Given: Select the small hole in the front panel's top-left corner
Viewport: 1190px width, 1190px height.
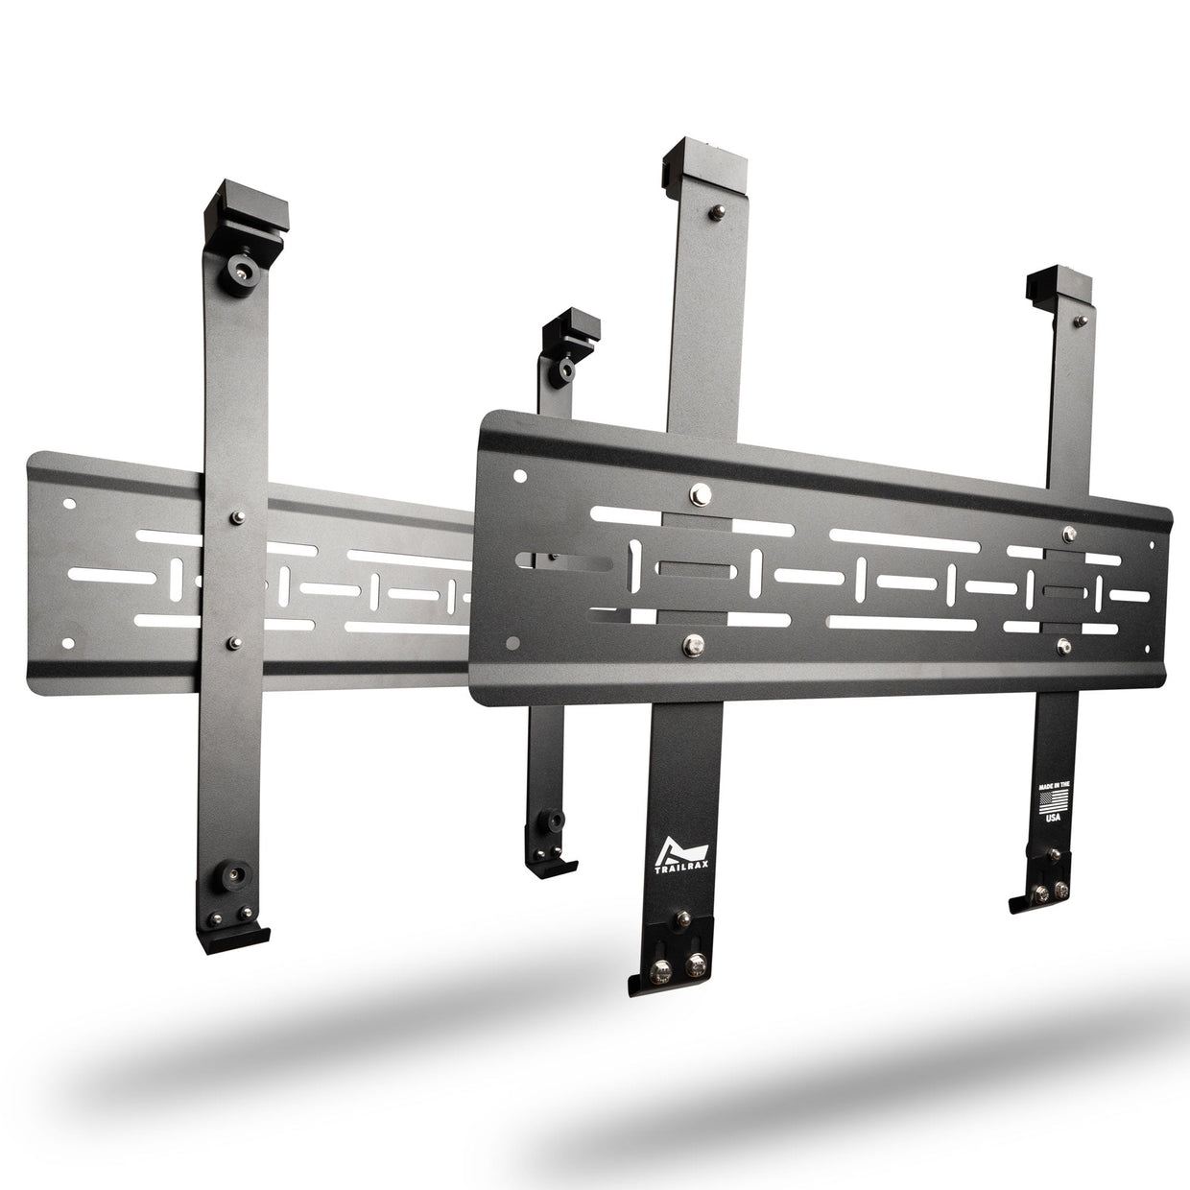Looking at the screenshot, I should tap(519, 476).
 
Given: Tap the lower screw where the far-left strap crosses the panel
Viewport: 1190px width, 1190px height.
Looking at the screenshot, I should tap(232, 638).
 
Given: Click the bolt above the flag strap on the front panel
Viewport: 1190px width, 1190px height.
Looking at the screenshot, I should tap(1063, 530).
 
